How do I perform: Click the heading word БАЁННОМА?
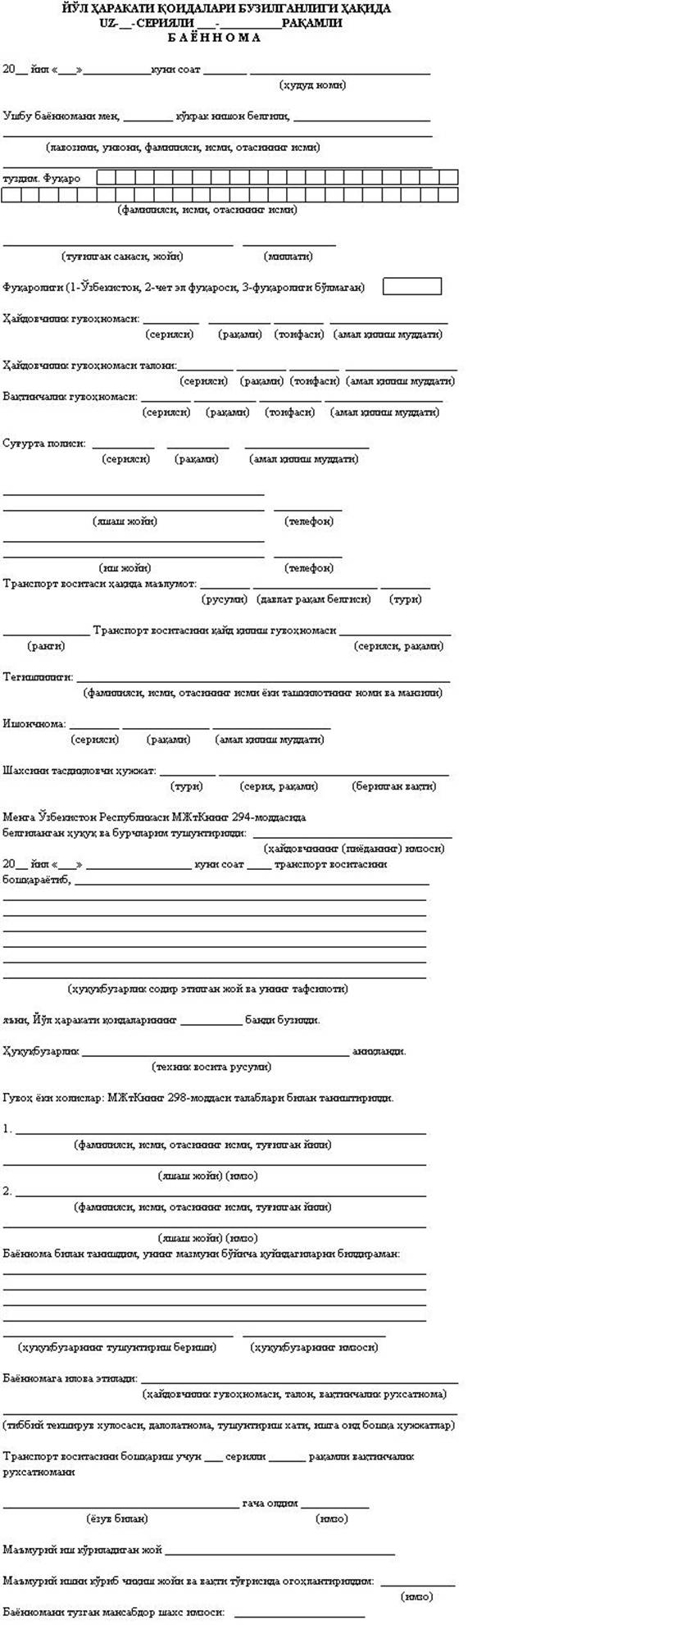pyautogui.click(x=214, y=38)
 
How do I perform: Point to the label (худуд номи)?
pyautogui.click(x=312, y=84)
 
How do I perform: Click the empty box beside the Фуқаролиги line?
pyautogui.click(x=411, y=286)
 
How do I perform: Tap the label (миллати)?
pyautogui.click(x=288, y=257)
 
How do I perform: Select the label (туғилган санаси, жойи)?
pyautogui.click(x=122, y=257)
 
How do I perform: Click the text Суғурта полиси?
pyautogui.click(x=44, y=444)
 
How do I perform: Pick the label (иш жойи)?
pyautogui.click(x=125, y=567)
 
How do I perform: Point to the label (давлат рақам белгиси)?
pyautogui.click(x=314, y=599)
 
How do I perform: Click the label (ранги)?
pyautogui.click(x=46, y=646)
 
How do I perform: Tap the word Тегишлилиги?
pyautogui.click(x=38, y=677)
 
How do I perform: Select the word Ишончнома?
pyautogui.click(x=34, y=724)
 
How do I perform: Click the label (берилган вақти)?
pyautogui.click(x=393, y=786)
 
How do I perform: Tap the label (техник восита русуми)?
pyautogui.click(x=211, y=1067)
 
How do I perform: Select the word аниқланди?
pyautogui.click(x=379, y=1051)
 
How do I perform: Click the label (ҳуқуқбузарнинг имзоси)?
pyautogui.click(x=314, y=1347)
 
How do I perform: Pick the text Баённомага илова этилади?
pyautogui.click(x=70, y=1378)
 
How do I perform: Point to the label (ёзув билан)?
pyautogui.click(x=116, y=1518)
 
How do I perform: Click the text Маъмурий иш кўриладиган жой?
pyautogui.click(x=82, y=1550)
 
